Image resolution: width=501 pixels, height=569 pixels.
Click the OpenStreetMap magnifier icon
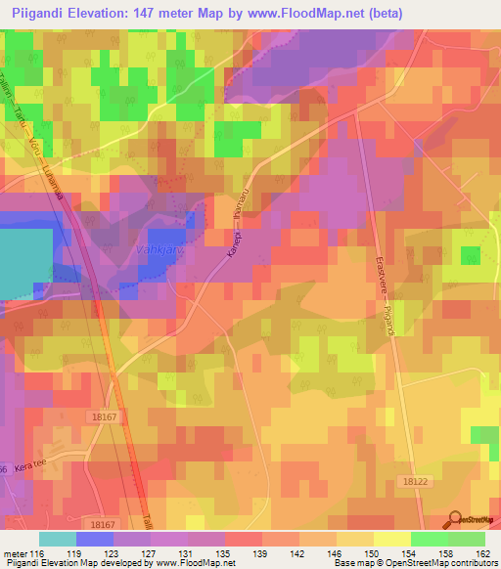[456, 519]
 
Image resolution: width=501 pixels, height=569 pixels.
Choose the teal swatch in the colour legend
[58, 539]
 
